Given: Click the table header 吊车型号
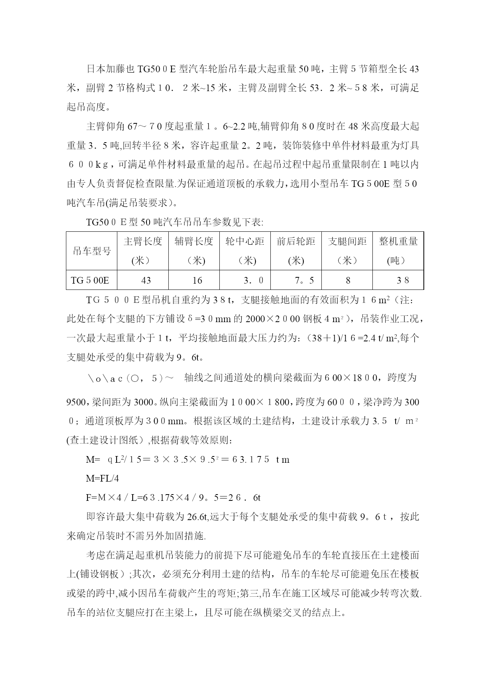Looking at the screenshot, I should tap(92, 251).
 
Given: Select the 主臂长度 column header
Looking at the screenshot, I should tap(143, 251).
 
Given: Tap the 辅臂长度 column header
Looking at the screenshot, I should tap(194, 251).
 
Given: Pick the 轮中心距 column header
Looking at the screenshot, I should tap(245, 251).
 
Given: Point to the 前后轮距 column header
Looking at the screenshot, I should tap(296, 251).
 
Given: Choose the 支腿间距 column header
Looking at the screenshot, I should tap(347, 251).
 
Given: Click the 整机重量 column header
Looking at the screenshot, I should tap(398, 251).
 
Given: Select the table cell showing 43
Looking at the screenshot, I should tap(146, 280).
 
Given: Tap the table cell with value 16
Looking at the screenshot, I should tap(197, 280).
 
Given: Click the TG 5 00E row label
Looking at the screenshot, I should tap(90, 280).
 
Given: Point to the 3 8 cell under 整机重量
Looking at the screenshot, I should tap(403, 280).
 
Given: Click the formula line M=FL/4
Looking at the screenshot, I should tap(102, 478).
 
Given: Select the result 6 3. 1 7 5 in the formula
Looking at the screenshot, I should tap(249, 460).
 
